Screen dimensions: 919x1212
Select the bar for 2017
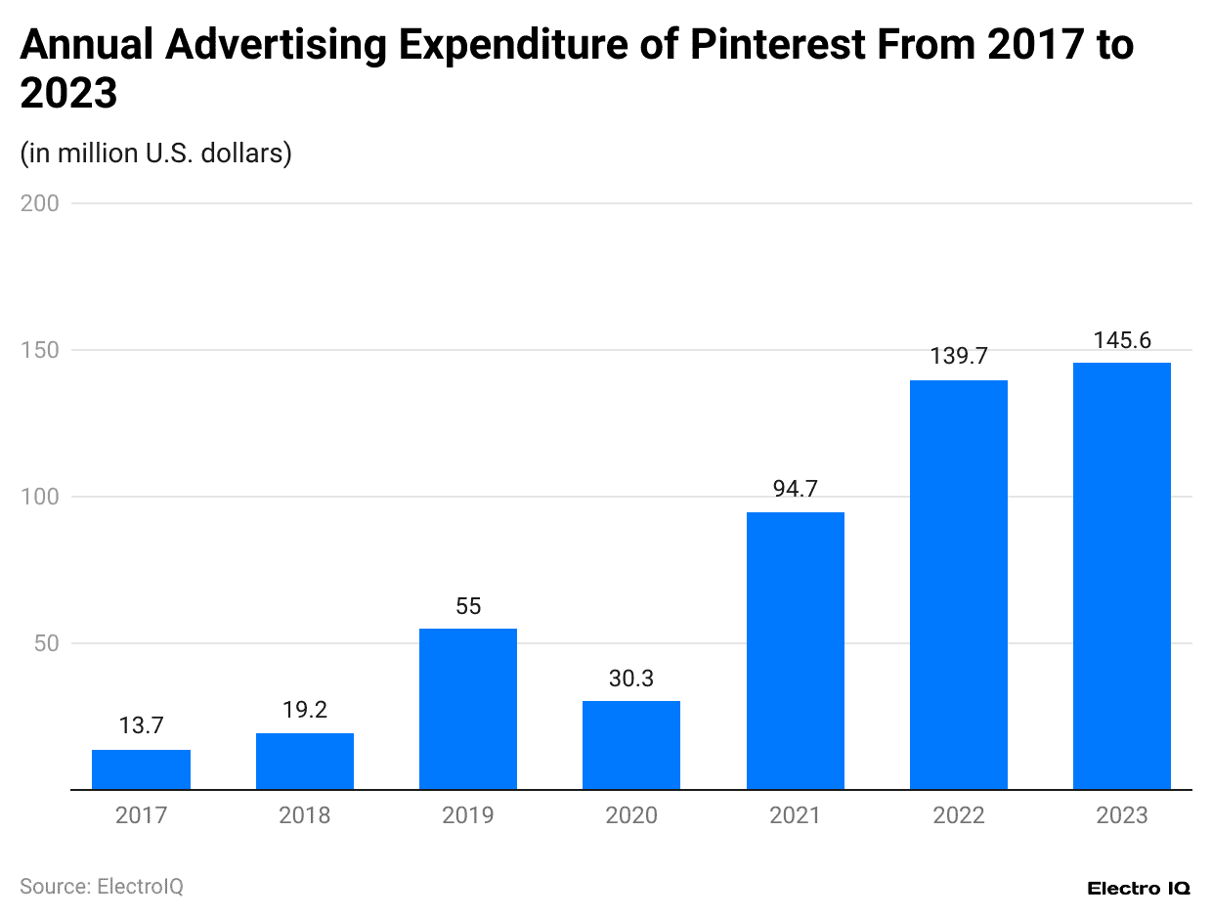click(x=141, y=769)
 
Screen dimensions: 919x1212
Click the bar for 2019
click(x=468, y=709)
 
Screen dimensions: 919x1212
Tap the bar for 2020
click(x=631, y=745)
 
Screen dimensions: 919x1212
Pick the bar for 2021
click(x=795, y=650)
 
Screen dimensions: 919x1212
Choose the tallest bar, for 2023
click(x=1121, y=576)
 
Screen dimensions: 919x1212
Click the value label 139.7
click(x=958, y=357)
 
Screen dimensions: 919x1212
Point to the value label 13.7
click(x=141, y=726)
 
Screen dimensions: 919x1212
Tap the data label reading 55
click(x=468, y=606)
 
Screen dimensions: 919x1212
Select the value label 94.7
click(x=795, y=489)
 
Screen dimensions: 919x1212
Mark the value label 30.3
click(x=631, y=678)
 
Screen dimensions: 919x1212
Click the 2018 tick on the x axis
click(x=305, y=815)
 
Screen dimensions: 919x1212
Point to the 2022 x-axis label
click(x=958, y=815)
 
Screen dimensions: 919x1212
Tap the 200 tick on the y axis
click(x=39, y=203)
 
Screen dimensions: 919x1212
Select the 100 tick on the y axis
click(x=39, y=497)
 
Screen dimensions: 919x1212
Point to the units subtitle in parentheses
click(x=155, y=153)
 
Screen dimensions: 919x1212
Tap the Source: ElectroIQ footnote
click(x=102, y=886)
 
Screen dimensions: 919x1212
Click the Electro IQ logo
click(x=1138, y=888)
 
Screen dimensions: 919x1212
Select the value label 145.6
click(x=1121, y=340)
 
